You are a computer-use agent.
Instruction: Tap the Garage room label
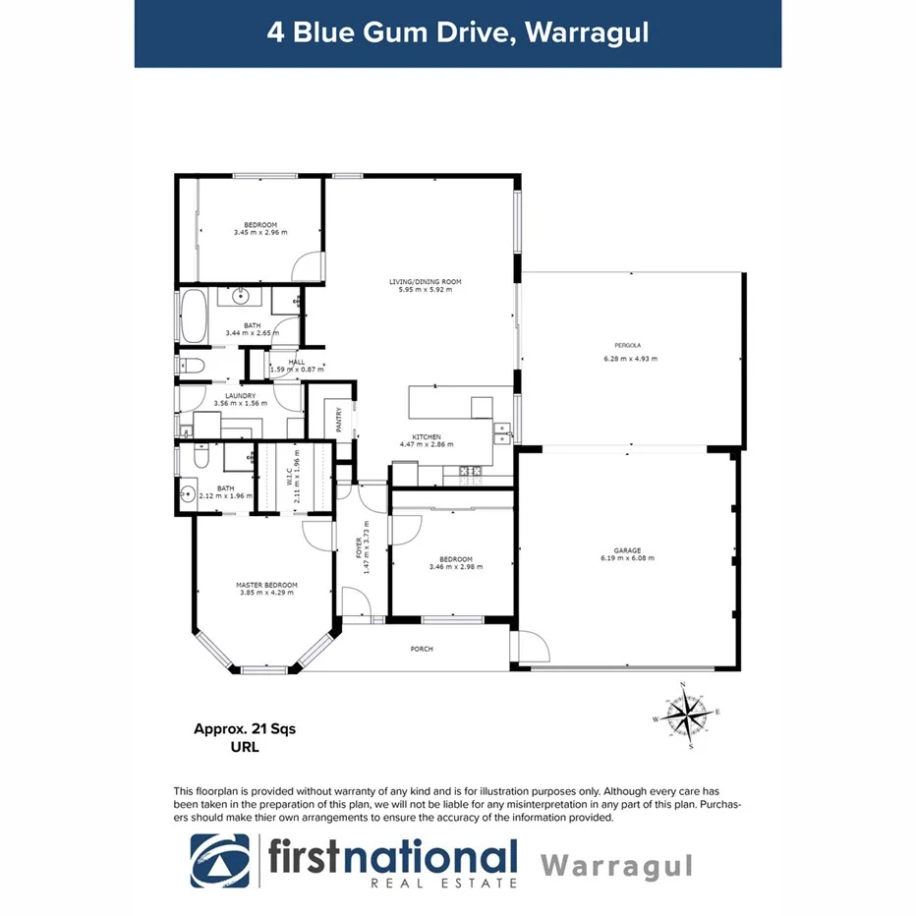(x=627, y=550)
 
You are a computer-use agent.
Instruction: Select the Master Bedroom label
(x=266, y=586)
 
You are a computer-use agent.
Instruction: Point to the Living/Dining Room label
(x=425, y=282)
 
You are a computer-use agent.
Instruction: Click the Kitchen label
(x=427, y=436)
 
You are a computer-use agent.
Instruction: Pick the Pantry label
(x=339, y=421)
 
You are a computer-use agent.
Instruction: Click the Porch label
(x=421, y=649)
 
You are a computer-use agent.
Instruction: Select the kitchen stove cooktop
(x=470, y=474)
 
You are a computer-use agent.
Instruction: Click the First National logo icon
(x=220, y=861)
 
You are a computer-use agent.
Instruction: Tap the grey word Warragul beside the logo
(x=617, y=866)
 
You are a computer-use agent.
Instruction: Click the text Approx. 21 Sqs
(x=244, y=729)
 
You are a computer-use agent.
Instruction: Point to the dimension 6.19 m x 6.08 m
(x=627, y=558)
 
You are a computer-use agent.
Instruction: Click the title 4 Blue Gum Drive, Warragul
(x=458, y=31)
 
